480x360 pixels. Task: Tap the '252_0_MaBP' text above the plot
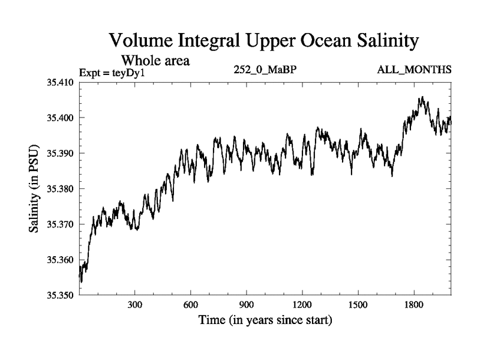point(266,70)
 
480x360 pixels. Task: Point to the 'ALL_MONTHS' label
point(414,70)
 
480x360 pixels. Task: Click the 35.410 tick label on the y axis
point(59,82)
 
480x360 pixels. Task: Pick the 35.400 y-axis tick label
point(59,118)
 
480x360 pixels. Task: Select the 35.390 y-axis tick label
point(59,153)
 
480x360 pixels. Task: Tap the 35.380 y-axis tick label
point(59,188)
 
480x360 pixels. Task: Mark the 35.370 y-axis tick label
point(59,224)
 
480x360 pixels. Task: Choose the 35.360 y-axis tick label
point(59,260)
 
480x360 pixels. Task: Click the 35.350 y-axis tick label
point(59,295)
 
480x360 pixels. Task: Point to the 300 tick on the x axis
point(135,304)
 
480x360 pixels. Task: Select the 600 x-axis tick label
point(191,304)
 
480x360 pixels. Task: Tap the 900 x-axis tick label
point(247,304)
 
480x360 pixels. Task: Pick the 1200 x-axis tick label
point(302,304)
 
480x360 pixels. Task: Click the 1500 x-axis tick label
point(358,304)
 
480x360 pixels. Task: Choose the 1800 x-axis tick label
point(414,304)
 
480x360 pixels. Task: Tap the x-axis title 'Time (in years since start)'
point(265,320)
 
